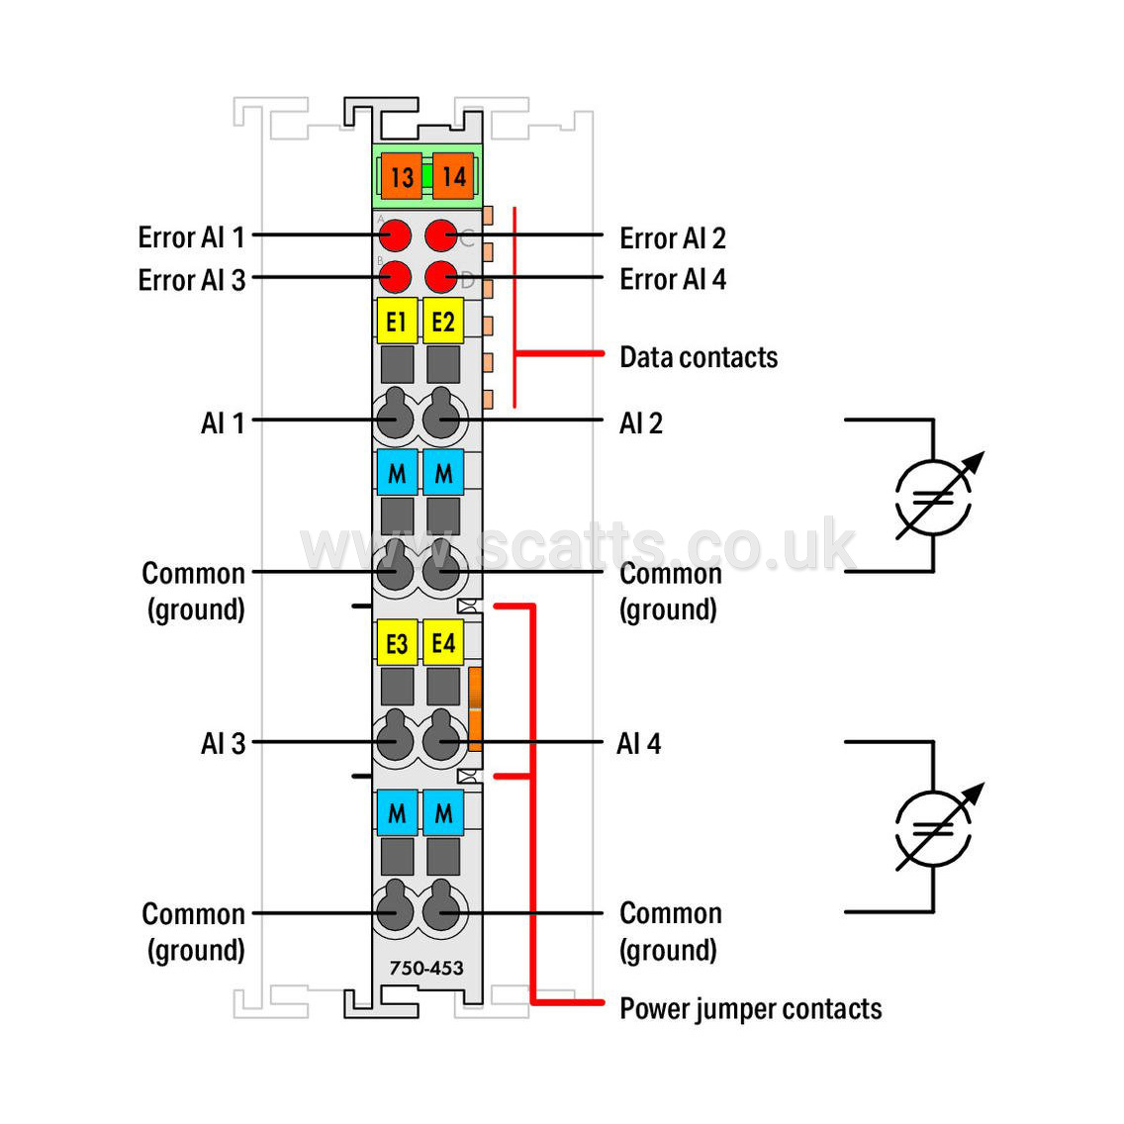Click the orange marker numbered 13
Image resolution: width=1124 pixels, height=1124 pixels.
point(402,176)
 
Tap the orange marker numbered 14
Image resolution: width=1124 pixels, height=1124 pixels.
point(453,176)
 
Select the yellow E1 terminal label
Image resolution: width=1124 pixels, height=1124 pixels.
point(397,321)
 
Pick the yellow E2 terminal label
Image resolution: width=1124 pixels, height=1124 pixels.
point(443,321)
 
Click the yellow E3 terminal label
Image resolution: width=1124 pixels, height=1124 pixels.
point(397,642)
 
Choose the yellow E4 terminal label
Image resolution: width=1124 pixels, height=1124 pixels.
point(443,642)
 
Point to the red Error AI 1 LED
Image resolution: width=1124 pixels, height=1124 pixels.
point(395,235)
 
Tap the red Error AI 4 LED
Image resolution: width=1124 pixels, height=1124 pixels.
point(441,277)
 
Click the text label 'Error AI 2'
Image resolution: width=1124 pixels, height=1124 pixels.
point(673,238)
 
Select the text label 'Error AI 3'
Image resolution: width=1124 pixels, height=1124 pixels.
point(191,280)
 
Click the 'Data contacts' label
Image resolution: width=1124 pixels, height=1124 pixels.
point(699,357)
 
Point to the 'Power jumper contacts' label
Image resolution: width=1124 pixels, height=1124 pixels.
point(751,1009)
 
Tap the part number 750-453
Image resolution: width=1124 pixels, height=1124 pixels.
point(426,968)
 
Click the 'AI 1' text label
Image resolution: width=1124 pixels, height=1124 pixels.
point(223,422)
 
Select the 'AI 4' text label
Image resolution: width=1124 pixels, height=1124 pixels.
point(639,743)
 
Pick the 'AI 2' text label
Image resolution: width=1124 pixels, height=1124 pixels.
point(641,422)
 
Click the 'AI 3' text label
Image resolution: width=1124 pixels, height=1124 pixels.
point(223,743)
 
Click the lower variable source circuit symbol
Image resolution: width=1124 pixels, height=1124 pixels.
point(933,829)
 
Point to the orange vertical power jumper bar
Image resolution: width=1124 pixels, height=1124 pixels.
point(475,709)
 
